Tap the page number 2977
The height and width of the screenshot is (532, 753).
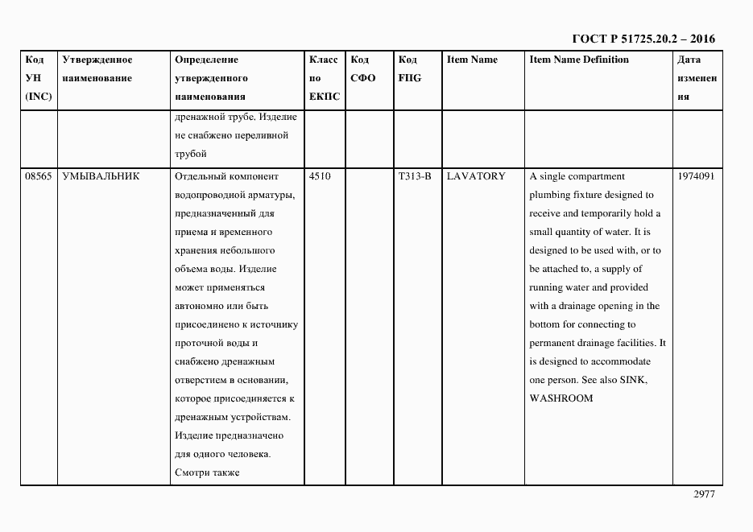(x=704, y=495)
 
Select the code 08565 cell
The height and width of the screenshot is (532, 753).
(x=38, y=176)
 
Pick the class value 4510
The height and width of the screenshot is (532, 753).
(x=319, y=176)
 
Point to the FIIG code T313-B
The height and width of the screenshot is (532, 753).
(x=415, y=176)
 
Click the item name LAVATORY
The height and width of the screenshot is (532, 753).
(x=475, y=176)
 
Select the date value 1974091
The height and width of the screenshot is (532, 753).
(x=696, y=176)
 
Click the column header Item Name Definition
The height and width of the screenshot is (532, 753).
(x=579, y=60)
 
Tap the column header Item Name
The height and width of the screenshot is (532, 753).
(x=472, y=60)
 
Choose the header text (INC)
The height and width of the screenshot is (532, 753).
(x=38, y=97)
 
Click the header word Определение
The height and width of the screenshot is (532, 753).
(x=206, y=60)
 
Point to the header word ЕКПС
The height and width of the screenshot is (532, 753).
(x=325, y=97)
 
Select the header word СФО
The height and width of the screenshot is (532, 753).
(x=363, y=78)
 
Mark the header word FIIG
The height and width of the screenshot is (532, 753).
(x=409, y=78)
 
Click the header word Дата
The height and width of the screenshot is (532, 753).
(x=689, y=60)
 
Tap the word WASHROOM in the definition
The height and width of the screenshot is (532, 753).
(x=561, y=398)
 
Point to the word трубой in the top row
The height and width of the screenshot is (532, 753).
(x=190, y=154)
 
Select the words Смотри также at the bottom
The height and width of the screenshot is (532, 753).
(x=206, y=472)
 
